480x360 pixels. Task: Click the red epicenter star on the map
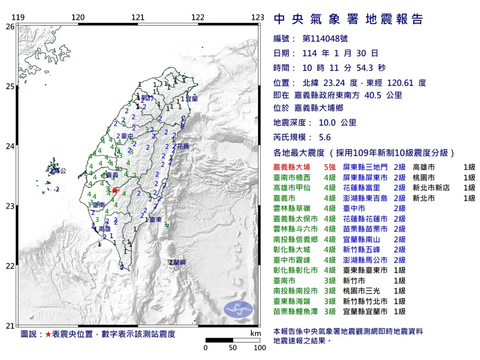coord(115,191)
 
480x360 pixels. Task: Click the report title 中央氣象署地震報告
coord(348,19)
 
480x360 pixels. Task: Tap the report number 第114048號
coord(325,38)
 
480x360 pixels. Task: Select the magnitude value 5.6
coord(325,137)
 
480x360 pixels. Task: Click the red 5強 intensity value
coord(330,167)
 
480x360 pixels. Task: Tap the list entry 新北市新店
coord(434,188)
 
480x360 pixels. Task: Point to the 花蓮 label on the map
coord(183,146)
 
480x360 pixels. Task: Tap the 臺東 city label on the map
coord(156,220)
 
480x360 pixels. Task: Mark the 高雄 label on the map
coord(104,229)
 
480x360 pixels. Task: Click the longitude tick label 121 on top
coord(138,17)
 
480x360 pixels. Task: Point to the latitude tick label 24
coord(10,146)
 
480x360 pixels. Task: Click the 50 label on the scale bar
coord(233,348)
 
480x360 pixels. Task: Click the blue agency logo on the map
coord(238,310)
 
